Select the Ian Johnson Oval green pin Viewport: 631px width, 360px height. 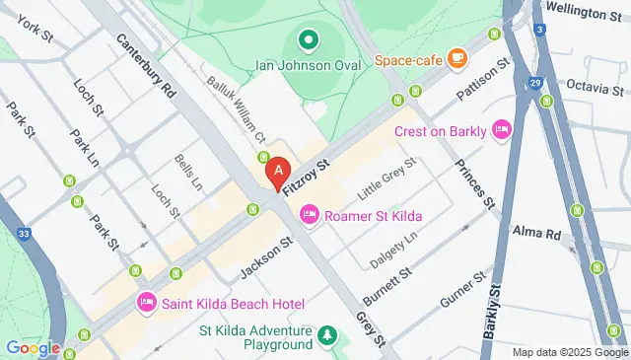(308, 40)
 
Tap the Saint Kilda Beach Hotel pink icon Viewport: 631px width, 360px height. (146, 302)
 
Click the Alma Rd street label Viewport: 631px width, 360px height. (536, 232)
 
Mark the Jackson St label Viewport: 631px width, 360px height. (266, 255)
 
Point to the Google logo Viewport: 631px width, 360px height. (32, 347)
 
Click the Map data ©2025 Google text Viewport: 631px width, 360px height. (568, 352)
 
